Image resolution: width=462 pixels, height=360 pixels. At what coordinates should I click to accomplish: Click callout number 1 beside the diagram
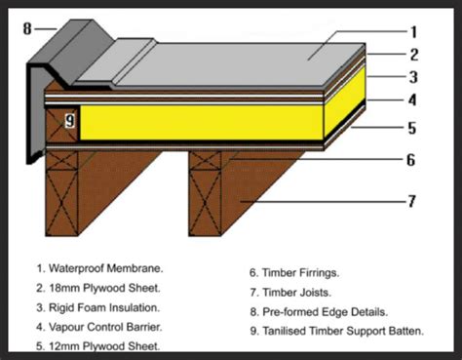[413, 32]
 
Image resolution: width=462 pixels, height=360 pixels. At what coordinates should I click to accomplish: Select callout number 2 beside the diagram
[413, 55]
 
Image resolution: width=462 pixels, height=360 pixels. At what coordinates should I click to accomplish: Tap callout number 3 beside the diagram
[413, 77]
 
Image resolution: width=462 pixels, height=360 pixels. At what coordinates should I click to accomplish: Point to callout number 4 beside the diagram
[412, 100]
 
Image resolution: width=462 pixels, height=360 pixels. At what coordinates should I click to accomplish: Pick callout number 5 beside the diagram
[412, 128]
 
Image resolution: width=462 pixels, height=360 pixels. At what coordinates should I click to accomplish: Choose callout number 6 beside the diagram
[411, 160]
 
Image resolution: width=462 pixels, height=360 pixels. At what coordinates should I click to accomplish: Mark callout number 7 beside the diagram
[411, 201]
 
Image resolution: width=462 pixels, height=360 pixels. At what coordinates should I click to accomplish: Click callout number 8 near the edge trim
[27, 28]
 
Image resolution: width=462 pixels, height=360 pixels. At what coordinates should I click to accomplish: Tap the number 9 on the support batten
[70, 120]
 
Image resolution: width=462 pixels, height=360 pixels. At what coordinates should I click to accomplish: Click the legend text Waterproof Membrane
[106, 268]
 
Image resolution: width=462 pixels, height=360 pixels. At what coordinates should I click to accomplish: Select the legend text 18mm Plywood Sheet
[104, 288]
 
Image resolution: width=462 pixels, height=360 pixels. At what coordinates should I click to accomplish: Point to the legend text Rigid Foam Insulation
[104, 307]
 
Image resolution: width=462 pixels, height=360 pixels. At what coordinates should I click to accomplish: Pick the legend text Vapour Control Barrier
[105, 327]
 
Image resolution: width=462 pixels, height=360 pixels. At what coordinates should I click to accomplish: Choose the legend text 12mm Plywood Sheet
[104, 346]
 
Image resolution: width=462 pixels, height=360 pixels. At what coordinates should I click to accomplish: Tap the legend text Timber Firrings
[300, 272]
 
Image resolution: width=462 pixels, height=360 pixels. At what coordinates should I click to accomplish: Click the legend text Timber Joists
[296, 293]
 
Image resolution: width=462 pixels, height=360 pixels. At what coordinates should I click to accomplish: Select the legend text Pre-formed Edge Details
[325, 312]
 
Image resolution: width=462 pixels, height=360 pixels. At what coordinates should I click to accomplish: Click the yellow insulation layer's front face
[202, 122]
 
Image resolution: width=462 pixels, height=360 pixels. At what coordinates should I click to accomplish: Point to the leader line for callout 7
[324, 202]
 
